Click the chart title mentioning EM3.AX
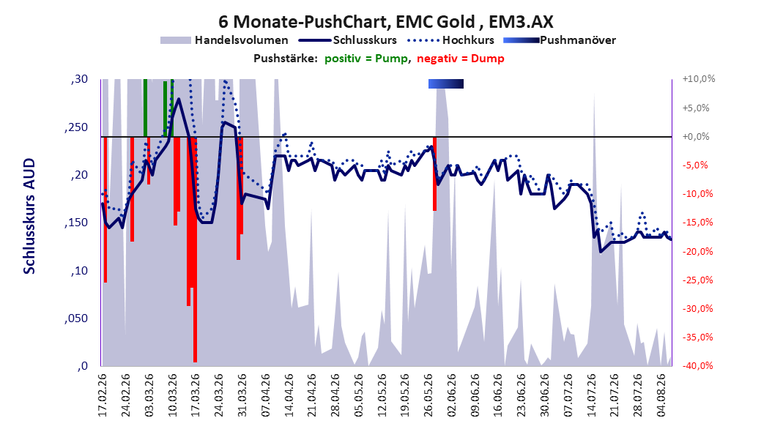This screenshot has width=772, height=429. tap(386, 22)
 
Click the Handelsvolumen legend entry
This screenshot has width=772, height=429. tap(225, 40)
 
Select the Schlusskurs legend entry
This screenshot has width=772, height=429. tap(348, 40)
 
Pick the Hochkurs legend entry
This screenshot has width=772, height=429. tap(450, 40)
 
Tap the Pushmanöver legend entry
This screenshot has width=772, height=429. tap(560, 40)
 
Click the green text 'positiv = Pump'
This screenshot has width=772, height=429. tap(366, 59)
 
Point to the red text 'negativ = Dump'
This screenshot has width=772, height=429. tap(461, 59)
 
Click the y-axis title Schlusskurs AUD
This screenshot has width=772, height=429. tap(29, 216)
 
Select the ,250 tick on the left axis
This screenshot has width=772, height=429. tap(76, 127)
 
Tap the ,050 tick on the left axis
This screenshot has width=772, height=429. tap(76, 318)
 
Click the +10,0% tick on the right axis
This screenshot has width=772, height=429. tap(699, 79)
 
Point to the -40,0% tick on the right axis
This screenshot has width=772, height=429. tap(698, 365)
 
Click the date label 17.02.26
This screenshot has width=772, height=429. tap(103, 395)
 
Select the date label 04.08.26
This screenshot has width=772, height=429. tap(661, 395)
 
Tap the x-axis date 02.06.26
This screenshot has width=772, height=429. tap(452, 395)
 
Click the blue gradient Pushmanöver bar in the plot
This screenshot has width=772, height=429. tap(446, 84)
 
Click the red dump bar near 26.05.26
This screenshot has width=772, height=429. tap(435, 174)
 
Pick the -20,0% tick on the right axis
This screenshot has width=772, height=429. tap(698, 251)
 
